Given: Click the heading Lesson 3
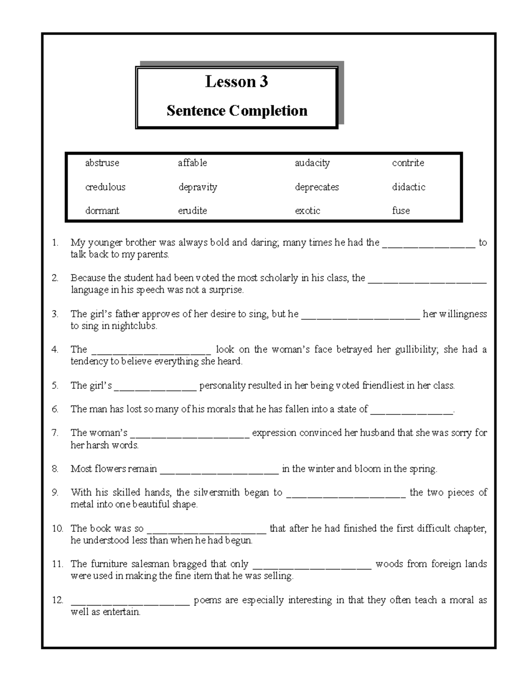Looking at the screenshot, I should [x=236, y=82].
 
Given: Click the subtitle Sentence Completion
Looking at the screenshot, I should [x=237, y=111].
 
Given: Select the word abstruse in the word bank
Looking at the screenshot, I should [x=102, y=163].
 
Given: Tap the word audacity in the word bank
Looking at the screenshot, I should [x=312, y=163].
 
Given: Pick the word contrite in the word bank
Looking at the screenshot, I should [x=408, y=163].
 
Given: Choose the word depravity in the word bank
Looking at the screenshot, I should [x=197, y=187].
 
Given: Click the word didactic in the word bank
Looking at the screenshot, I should [x=409, y=187].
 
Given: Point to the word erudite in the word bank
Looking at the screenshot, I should [x=192, y=211].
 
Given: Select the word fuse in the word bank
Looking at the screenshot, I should [x=401, y=211].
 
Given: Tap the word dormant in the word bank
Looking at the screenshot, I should [x=102, y=211].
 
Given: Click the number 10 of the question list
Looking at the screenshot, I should [x=57, y=529].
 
